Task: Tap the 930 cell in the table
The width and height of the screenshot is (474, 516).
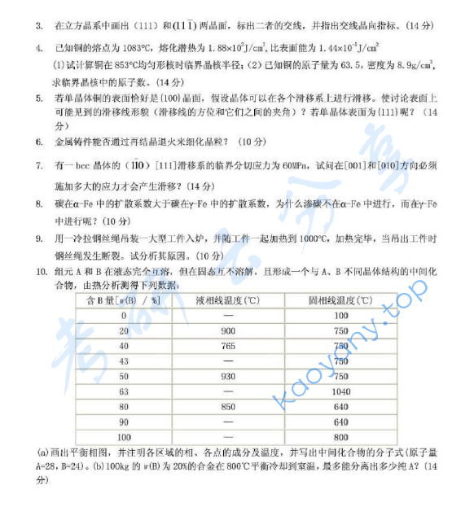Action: click(227, 376)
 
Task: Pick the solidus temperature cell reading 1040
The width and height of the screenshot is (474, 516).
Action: click(340, 391)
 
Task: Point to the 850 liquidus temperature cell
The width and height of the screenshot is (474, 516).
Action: click(227, 406)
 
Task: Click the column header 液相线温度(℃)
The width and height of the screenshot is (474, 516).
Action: click(227, 300)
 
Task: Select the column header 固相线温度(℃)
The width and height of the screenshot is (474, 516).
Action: click(340, 300)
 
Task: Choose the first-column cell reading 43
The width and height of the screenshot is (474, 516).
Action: click(124, 361)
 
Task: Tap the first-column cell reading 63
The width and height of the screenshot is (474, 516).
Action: click(124, 391)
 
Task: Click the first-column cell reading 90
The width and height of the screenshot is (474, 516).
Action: click(124, 422)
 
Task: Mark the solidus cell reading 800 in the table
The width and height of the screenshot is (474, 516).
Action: click(340, 437)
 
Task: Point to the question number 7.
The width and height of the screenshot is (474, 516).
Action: click(39, 166)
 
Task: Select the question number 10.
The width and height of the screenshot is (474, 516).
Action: click(42, 270)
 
